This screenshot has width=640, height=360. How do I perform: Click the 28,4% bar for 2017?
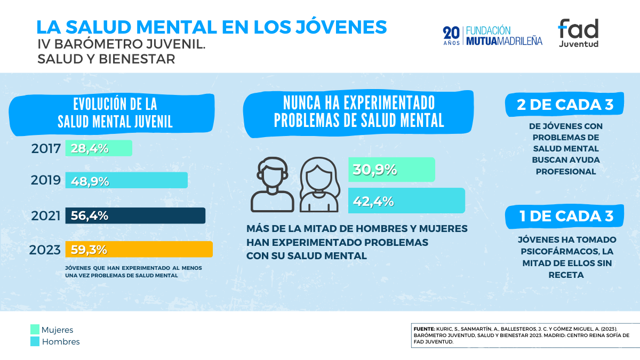tap(99, 148)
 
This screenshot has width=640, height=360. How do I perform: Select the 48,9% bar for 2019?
tap(126, 180)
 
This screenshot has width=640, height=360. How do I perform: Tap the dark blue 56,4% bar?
tap(135, 215)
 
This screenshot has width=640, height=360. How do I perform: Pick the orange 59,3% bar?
tap(139, 249)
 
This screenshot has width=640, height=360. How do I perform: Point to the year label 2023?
tap(45, 250)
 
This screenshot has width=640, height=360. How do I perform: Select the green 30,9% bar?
tap(391, 170)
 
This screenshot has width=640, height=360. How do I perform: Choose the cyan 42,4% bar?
tap(406, 201)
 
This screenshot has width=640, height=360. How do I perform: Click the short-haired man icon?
tap(272, 184)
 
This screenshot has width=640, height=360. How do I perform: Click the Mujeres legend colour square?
tap(35, 330)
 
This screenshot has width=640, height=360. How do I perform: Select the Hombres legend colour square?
tap(35, 342)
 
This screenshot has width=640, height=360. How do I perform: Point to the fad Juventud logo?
tap(578, 33)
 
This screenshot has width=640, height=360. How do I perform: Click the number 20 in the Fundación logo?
tap(451, 33)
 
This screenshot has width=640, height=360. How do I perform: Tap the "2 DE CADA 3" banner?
tap(565, 105)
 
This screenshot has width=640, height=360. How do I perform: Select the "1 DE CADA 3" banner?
tap(565, 216)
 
